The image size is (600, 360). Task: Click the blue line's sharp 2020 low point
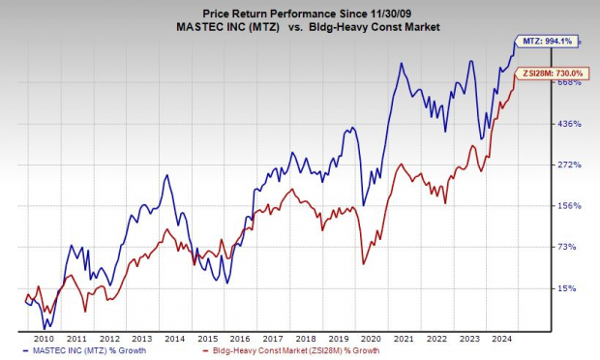click(363, 204)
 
